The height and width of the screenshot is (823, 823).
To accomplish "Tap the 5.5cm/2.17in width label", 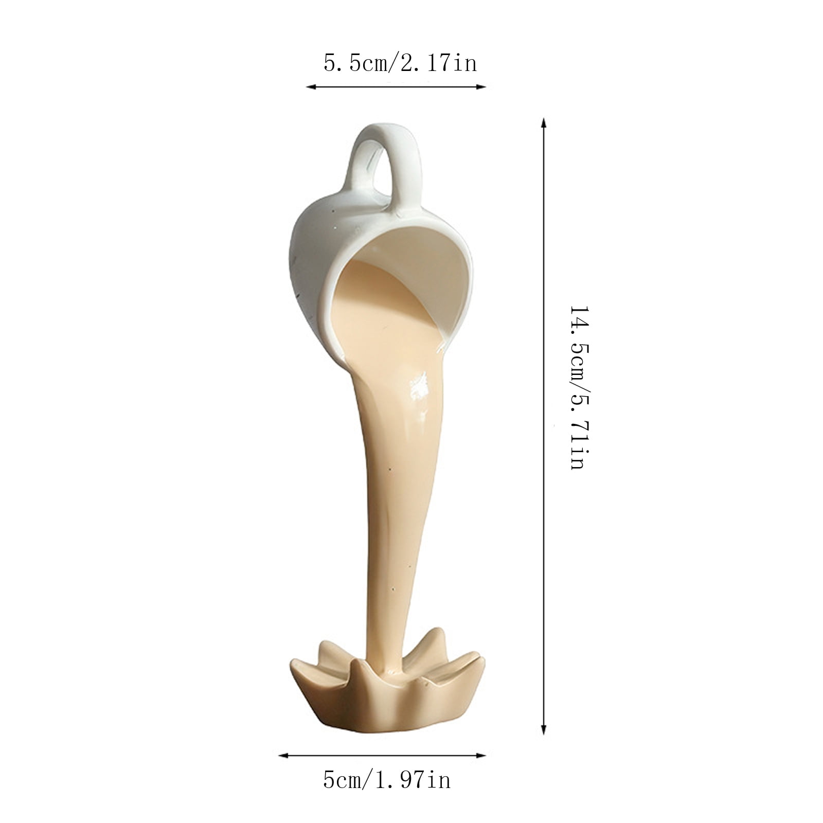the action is (400, 64).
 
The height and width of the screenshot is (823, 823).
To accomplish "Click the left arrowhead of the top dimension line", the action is (310, 87).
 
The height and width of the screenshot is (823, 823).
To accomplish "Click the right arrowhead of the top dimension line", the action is (482, 87).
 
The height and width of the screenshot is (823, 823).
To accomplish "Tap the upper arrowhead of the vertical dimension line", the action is (543, 123).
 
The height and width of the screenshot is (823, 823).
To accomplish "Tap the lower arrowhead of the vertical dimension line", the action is (543, 729).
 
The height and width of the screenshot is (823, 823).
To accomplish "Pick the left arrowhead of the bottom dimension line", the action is (282, 756).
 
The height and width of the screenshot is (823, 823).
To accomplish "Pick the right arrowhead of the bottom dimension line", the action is (482, 756).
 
